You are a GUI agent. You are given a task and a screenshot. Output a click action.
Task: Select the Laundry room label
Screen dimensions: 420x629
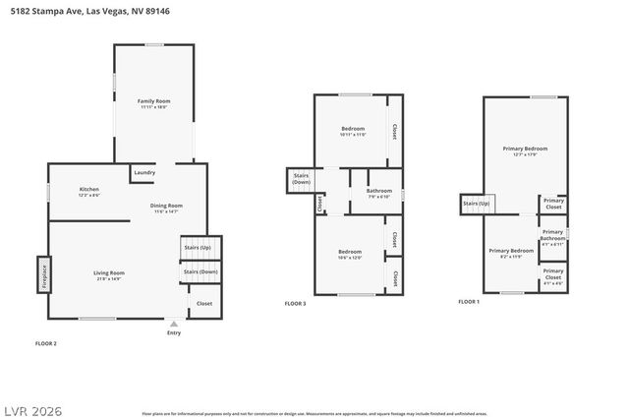[x=143, y=173]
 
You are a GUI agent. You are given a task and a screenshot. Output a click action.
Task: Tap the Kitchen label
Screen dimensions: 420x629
[x=89, y=191]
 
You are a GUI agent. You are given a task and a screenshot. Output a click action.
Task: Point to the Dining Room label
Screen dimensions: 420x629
[x=166, y=208]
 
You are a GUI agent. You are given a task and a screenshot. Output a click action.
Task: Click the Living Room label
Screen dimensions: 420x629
[x=109, y=274]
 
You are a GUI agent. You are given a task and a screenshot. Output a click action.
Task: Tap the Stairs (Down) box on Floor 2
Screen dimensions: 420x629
[x=200, y=271]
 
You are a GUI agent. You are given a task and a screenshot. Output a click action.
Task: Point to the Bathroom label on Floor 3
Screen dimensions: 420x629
[x=379, y=193]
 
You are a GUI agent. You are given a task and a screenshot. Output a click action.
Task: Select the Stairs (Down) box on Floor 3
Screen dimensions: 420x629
[x=301, y=180]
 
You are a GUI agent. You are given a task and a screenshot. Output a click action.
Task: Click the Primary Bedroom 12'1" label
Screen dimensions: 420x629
[x=525, y=150]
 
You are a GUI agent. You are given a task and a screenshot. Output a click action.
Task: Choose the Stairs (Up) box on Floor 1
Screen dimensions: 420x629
[x=477, y=204]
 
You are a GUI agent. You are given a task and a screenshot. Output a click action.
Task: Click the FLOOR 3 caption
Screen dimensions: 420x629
[x=295, y=304]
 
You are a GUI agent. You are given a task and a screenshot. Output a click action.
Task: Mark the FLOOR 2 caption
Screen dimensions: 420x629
[x=46, y=343]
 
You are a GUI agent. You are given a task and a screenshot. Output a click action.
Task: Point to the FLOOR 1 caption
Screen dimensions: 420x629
[x=469, y=302]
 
